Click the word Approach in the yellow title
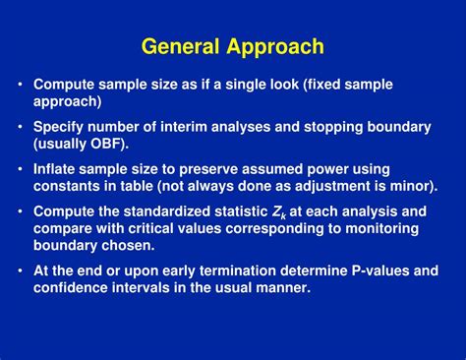coord(275,46)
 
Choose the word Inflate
coord(57,169)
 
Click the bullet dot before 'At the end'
coord(21,270)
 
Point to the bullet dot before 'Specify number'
coord(21,127)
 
